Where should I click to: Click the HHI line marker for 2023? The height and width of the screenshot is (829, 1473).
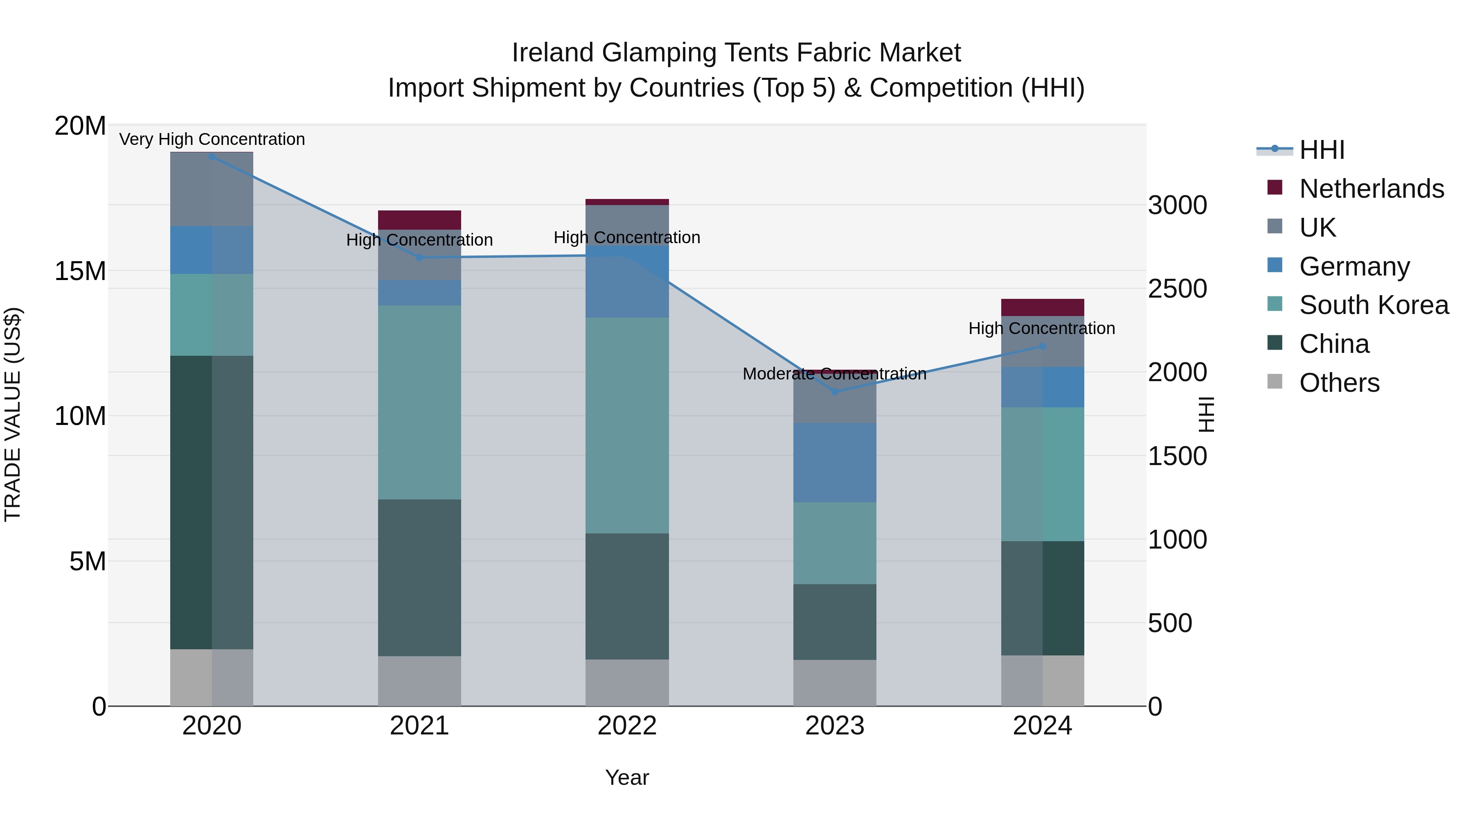pyautogui.click(x=834, y=392)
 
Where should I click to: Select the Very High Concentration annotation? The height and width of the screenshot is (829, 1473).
pyautogui.click(x=212, y=139)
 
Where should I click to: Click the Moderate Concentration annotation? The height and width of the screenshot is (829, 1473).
pyautogui.click(x=834, y=374)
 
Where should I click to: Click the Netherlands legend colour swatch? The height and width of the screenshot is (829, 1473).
pyautogui.click(x=1275, y=187)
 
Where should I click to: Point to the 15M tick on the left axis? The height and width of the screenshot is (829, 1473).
pyautogui.click(x=80, y=271)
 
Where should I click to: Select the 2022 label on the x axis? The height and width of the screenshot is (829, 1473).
pyautogui.click(x=627, y=726)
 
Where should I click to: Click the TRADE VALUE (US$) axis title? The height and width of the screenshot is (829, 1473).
pyautogui.click(x=13, y=414)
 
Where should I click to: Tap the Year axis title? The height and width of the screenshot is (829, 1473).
pyautogui.click(x=627, y=777)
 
